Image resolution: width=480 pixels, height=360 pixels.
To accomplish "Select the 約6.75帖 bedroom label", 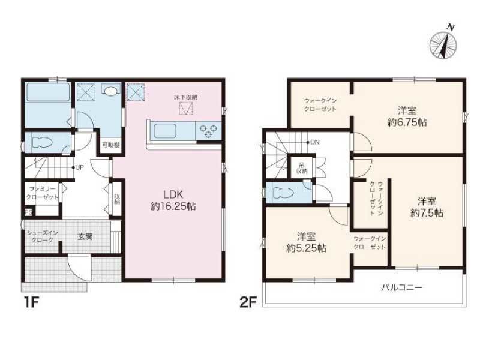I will pos(407,116).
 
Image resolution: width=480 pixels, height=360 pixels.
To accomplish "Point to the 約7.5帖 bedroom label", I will pos(427,207).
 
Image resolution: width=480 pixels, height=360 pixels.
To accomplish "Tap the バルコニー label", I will pos(402,287).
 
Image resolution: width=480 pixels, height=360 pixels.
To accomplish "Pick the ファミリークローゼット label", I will pos(41,193).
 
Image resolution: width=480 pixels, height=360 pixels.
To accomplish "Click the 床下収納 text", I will pos(185,97).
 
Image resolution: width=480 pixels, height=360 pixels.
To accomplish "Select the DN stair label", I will pos(314,143).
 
